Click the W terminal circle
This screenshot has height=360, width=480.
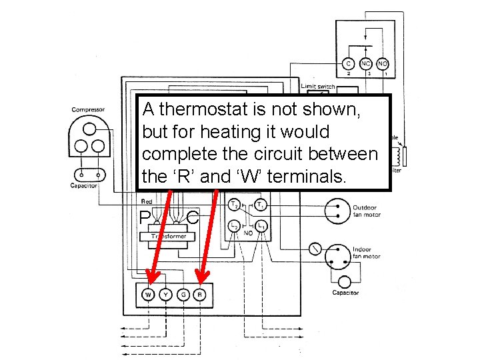tap(148, 295)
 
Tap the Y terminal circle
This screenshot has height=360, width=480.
tap(165, 295)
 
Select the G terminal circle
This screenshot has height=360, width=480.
tap(183, 295)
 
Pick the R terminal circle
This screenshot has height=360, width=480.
tap(200, 295)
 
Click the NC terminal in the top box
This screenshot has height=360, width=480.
tap(365, 64)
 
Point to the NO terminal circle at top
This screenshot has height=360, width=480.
tap(383, 64)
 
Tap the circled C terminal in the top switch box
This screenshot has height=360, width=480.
tap(348, 64)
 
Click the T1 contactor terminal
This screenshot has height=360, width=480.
tap(262, 205)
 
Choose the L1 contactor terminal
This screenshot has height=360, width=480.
tap(262, 227)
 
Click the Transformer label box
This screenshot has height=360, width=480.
tap(168, 236)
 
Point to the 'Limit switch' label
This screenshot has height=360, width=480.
tap(318, 86)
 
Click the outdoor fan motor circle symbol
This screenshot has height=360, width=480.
tap(337, 211)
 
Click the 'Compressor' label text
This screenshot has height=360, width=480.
tap(89, 110)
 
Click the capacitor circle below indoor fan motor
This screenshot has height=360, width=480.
tap(345, 282)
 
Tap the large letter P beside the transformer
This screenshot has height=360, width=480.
tap(145, 218)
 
